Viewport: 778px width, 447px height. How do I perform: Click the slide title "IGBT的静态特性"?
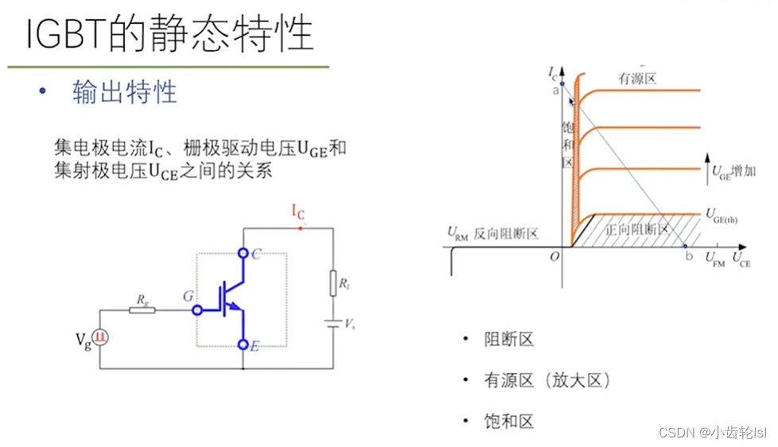pyautogui.click(x=169, y=33)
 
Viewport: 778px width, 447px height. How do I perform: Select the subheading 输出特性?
pyautogui.click(x=125, y=92)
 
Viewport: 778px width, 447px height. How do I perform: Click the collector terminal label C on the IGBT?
pyautogui.click(x=256, y=255)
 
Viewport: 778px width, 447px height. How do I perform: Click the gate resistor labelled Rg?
pyautogui.click(x=142, y=309)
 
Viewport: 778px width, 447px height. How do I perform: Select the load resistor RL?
pyautogui.click(x=332, y=283)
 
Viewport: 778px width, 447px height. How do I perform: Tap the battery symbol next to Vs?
pyautogui.click(x=332, y=325)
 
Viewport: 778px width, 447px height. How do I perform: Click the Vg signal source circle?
pyautogui.click(x=100, y=339)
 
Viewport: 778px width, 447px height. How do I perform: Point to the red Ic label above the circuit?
pyautogui.click(x=298, y=211)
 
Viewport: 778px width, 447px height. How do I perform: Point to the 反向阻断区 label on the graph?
pyautogui.click(x=506, y=234)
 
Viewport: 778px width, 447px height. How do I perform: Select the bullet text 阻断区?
pyautogui.click(x=508, y=340)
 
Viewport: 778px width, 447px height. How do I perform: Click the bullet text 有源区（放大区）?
pyautogui.click(x=547, y=381)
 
